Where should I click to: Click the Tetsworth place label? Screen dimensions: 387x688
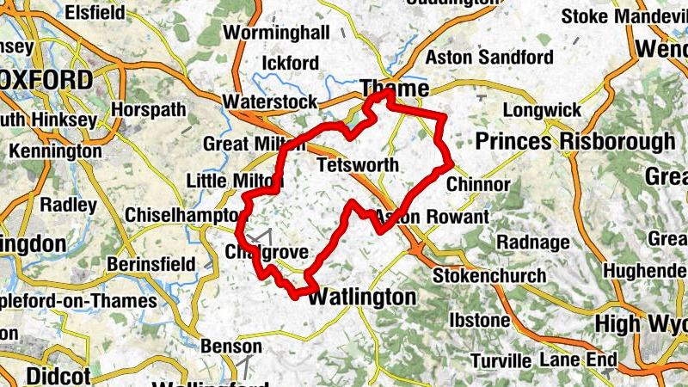point(357,165)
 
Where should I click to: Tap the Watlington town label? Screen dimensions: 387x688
point(361,298)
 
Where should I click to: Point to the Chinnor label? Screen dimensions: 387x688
point(479,185)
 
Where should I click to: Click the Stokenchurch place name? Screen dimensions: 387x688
point(489,275)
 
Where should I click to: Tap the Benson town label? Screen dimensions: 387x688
point(230,346)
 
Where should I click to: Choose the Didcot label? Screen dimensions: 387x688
point(58,376)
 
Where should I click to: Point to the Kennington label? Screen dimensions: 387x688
point(55,151)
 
